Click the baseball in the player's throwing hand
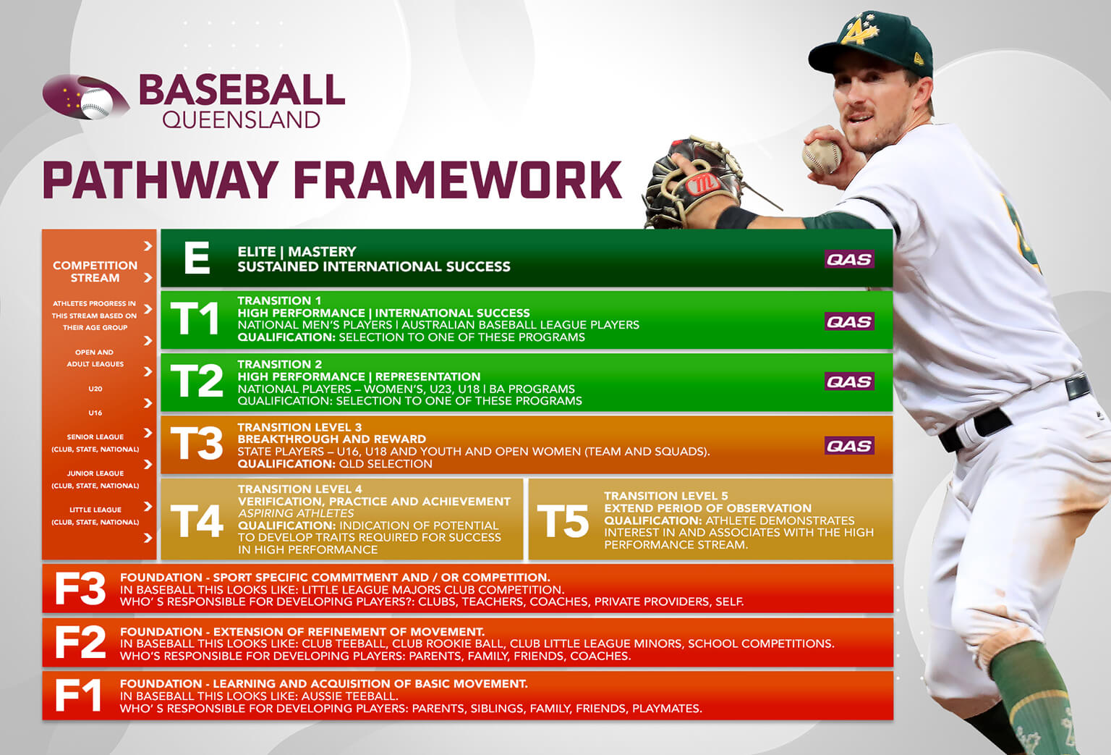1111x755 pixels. click(x=822, y=156)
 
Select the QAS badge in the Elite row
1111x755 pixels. click(x=849, y=259)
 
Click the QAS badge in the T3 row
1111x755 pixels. click(x=849, y=446)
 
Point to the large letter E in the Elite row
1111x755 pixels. click(x=197, y=258)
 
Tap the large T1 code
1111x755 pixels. click(x=195, y=319)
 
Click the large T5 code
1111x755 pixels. click(x=563, y=520)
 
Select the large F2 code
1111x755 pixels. click(x=80, y=642)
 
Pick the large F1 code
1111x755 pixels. click(x=78, y=695)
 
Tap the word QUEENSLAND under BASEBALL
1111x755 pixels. click(x=241, y=120)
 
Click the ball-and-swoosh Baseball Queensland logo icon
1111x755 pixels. click(x=86, y=96)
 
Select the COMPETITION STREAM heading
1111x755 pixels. click(x=95, y=271)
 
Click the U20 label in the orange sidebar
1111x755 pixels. click(x=95, y=389)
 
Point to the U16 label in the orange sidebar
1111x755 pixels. click(x=95, y=413)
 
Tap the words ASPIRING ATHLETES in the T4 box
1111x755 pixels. click(x=296, y=513)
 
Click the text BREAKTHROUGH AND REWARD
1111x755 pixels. click(x=332, y=439)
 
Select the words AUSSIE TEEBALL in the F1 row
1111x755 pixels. click(x=349, y=696)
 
